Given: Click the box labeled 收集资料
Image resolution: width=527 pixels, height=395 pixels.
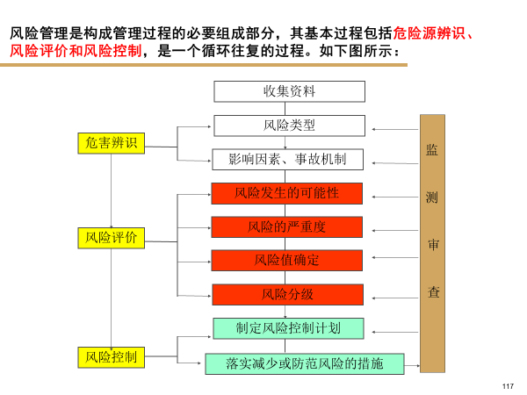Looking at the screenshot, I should [288, 91].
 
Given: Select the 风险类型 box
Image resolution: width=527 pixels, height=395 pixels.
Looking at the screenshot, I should [288, 126].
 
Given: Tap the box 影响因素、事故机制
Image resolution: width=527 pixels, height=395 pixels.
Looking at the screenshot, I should [288, 159].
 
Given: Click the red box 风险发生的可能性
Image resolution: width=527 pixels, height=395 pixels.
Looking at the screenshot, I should [286, 193].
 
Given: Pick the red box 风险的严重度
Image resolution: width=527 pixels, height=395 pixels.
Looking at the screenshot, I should [286, 226].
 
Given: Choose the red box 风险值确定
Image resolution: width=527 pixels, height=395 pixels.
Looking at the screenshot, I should [286, 260].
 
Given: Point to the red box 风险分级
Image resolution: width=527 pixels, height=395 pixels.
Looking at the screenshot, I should [286, 294].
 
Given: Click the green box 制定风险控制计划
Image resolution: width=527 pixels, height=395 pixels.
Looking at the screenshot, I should [288, 327].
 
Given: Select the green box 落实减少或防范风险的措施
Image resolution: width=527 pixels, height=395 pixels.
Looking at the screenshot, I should [304, 363].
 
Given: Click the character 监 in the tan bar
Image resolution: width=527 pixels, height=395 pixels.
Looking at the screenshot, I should [432, 150].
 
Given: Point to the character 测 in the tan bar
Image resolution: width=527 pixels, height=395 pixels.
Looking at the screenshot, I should [432, 197].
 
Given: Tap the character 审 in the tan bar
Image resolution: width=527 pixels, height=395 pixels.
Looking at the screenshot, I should [432, 245].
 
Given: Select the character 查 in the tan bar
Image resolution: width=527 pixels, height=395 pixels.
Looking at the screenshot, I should [432, 292].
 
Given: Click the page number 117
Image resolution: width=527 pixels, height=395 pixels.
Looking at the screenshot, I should [507, 387].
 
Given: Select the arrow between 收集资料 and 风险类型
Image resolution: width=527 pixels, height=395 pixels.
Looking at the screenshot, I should [288, 108].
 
